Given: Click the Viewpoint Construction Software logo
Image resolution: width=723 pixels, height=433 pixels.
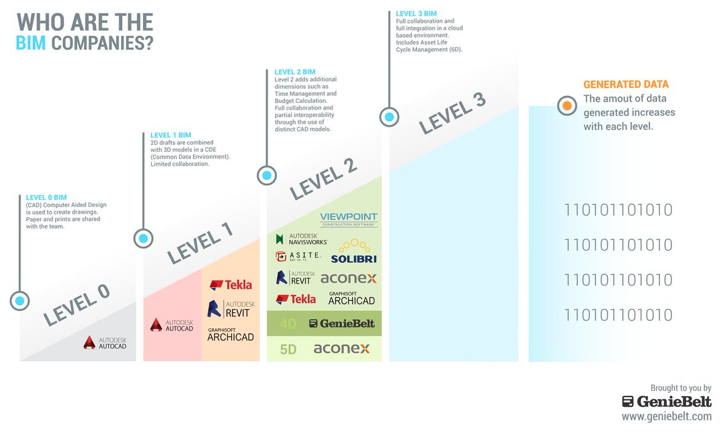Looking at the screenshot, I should [x=348, y=219].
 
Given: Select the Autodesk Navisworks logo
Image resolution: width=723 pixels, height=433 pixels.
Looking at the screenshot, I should [x=301, y=239].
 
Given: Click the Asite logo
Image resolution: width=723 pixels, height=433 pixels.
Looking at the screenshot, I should [x=298, y=256].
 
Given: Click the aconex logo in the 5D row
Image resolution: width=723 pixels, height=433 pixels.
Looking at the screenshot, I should [x=341, y=349].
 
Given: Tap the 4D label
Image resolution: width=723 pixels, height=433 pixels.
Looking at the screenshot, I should [x=288, y=324].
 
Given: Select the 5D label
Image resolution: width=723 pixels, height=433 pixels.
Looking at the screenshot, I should [x=288, y=349].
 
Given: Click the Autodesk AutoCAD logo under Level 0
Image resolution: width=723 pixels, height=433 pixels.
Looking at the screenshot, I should [x=105, y=344].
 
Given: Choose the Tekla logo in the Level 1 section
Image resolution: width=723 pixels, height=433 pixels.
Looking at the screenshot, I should [x=230, y=285].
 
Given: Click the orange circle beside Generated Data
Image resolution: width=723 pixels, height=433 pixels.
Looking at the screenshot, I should [x=566, y=106].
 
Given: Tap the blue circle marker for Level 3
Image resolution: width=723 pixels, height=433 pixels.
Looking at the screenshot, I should [x=389, y=116].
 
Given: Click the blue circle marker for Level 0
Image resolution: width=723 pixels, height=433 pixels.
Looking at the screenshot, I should [x=20, y=300].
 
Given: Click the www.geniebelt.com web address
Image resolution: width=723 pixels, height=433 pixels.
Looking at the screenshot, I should [x=666, y=416].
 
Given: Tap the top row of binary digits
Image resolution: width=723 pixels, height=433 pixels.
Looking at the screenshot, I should [x=618, y=210].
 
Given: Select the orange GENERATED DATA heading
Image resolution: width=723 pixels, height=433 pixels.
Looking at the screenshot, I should [x=626, y=85].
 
